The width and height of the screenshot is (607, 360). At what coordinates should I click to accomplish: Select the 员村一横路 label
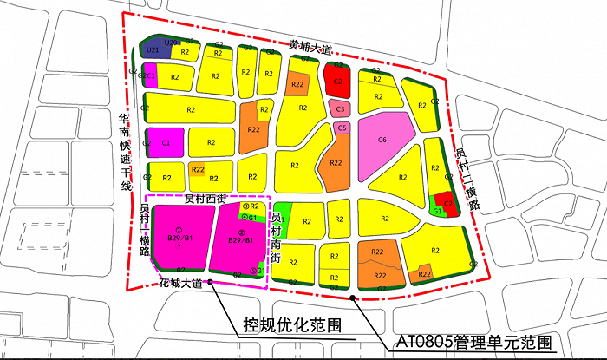tap(144, 230)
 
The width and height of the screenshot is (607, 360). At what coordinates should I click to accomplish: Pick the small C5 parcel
tap(343, 128)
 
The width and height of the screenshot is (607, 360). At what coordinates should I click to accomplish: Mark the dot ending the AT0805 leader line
tap(352, 299)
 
